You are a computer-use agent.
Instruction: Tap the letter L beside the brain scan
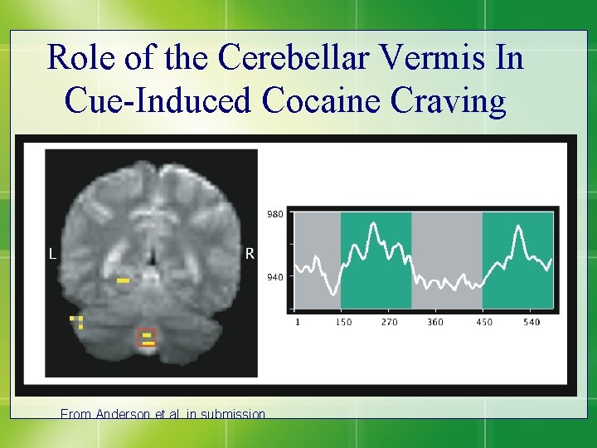pos(52,256)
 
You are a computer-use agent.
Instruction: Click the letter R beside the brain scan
pos(250,254)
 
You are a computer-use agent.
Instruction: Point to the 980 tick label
pos(275,214)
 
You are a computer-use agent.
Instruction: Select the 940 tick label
pos(275,278)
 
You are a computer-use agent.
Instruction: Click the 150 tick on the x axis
pos(343,322)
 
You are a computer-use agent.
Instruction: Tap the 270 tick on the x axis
pos(390,322)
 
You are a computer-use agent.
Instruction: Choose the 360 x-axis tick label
pos(434,322)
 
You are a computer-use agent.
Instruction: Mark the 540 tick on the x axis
pos(531,322)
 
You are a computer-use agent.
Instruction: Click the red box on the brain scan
pos(147,338)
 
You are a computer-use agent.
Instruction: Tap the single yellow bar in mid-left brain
pos(123,281)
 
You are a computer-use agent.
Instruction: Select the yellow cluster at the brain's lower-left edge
pos(77,321)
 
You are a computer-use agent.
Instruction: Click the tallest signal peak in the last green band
pos(520,228)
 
